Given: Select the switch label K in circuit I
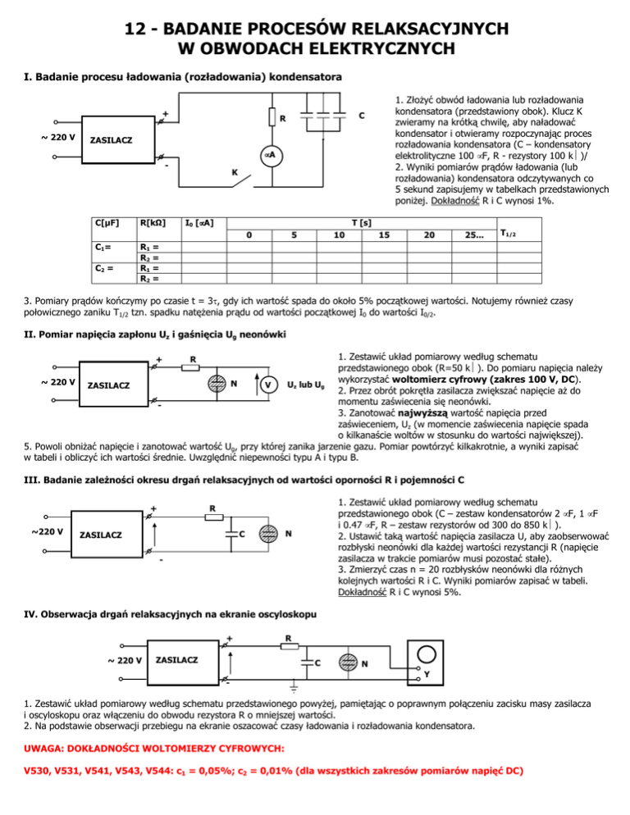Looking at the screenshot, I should [x=235, y=173].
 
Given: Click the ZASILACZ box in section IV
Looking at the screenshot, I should [x=176, y=660].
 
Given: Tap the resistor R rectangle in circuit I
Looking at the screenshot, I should [x=271, y=118].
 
